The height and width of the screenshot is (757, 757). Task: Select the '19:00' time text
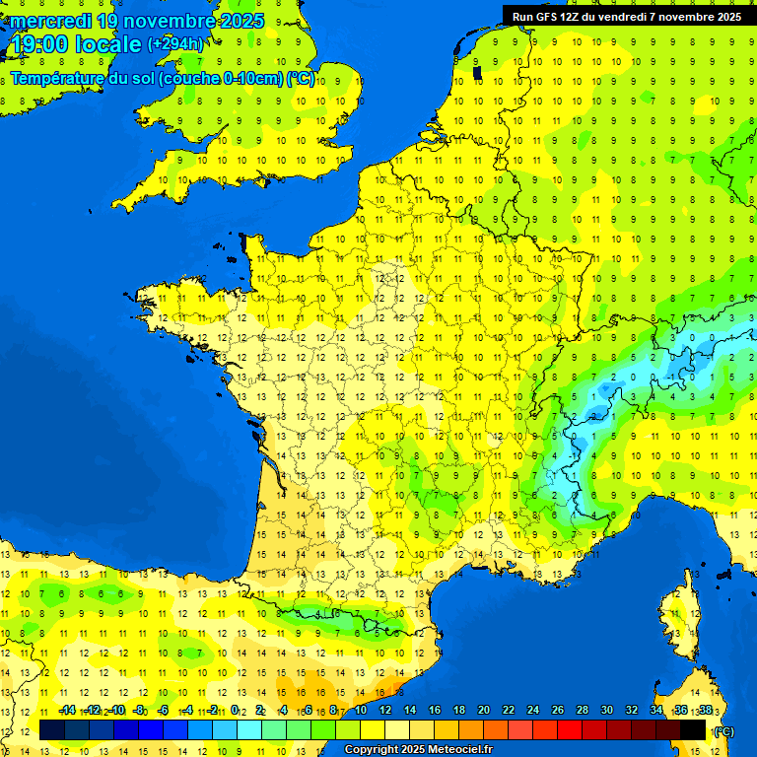pyautogui.click(x=39, y=44)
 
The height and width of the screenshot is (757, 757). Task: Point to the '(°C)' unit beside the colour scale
pyautogui.click(x=723, y=731)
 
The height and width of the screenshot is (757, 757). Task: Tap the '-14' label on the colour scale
pyautogui.click(x=67, y=711)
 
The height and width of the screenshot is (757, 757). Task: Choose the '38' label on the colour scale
pyautogui.click(x=705, y=711)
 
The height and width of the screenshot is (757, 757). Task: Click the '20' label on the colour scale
pyautogui.click(x=484, y=711)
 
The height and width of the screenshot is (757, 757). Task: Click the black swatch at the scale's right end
pyautogui.click(x=694, y=729)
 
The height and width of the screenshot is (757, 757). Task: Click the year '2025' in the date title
pyautogui.click(x=238, y=21)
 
